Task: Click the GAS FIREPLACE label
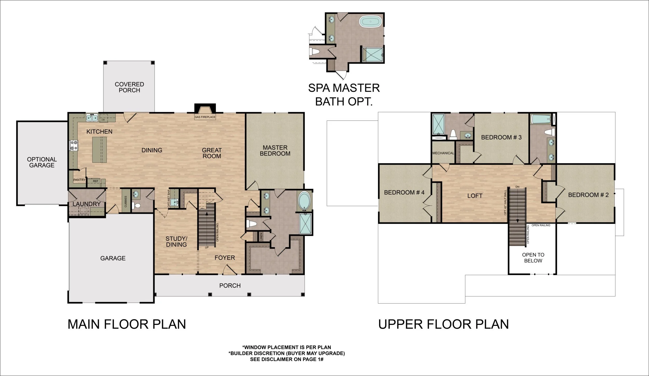pyautogui.click(x=205, y=117)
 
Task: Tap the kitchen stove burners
pyautogui.click(x=73, y=145)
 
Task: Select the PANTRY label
pyautogui.click(x=79, y=180)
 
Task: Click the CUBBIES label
pyautogui.click(x=126, y=202)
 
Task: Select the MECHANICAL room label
pyautogui.click(x=443, y=153)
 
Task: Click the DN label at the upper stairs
pyautogui.click(x=517, y=187)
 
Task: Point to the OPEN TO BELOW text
pyautogui.click(x=533, y=258)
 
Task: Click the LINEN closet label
pyautogui.click(x=261, y=236)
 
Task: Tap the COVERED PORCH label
pyautogui.click(x=129, y=87)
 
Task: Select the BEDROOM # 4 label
pyautogui.click(x=404, y=192)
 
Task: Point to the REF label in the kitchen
pyautogui.click(x=96, y=181)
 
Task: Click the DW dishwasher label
pyautogui.click(x=103, y=120)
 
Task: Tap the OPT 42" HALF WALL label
pyautogui.click(x=505, y=203)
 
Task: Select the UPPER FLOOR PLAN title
pyautogui.click(x=443, y=324)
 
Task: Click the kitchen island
pyautogui.click(x=99, y=150)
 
